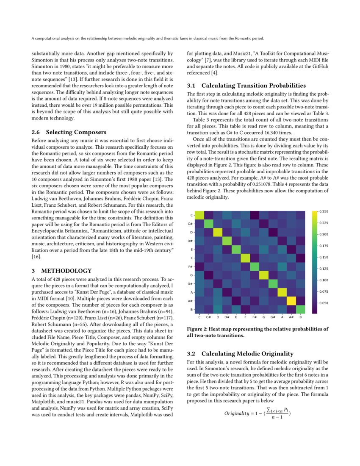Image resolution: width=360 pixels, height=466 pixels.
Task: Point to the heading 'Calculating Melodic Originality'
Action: [x=247, y=353]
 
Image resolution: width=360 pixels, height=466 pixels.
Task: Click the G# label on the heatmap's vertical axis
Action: [x=192, y=283]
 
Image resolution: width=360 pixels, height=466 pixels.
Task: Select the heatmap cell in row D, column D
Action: [x=217, y=232]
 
